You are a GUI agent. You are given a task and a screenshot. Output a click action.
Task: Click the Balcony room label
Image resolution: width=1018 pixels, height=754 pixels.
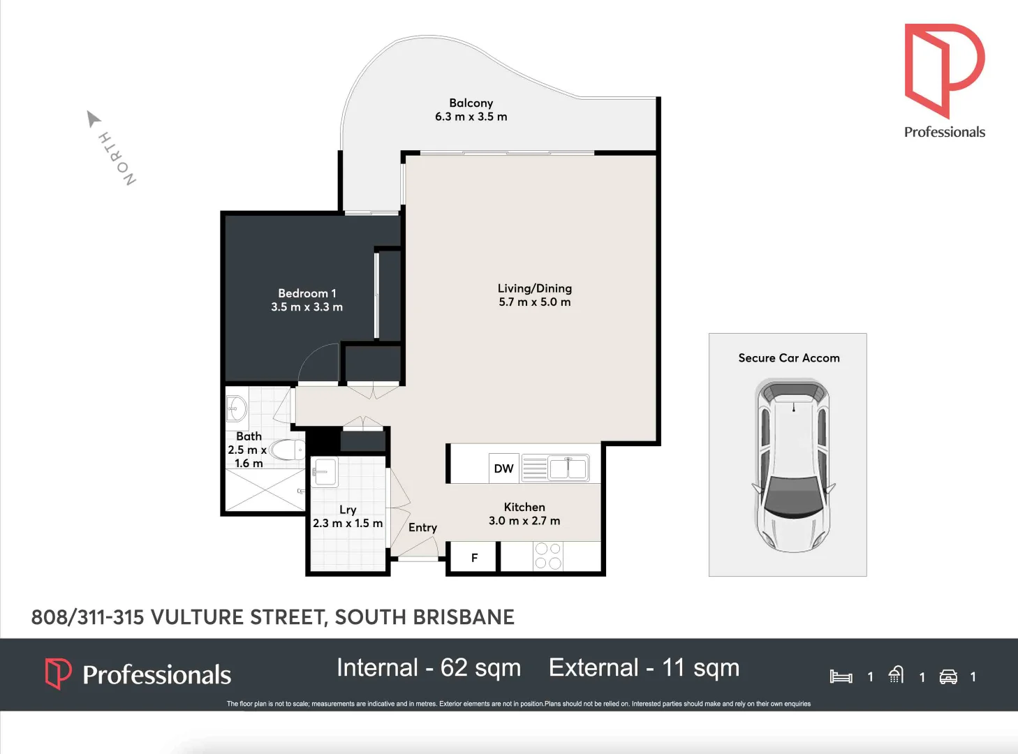pos(471,103)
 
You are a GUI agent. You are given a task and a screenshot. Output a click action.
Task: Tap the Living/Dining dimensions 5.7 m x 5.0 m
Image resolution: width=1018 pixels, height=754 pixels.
pos(534,302)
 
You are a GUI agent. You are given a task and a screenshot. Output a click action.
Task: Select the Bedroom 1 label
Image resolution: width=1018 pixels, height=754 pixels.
pos(307,293)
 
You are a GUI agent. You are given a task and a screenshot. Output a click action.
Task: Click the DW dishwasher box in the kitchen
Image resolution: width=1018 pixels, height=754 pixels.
pos(503,468)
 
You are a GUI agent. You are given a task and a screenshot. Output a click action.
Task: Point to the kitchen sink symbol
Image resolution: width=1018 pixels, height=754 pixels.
pos(568,468)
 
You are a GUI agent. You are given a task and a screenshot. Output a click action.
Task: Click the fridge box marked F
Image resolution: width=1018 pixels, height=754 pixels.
pos(474,558)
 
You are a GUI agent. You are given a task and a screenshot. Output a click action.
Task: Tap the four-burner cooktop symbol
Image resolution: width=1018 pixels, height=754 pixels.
pos(548,556)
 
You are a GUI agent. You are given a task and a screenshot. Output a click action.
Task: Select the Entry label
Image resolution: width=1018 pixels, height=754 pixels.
pos(422,528)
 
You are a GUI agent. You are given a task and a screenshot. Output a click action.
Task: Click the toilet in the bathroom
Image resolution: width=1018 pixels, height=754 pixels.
pos(287,450)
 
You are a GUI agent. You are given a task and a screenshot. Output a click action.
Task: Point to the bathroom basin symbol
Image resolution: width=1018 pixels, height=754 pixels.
pos(237,409)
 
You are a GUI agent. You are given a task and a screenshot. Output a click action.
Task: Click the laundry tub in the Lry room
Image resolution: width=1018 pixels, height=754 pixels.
pos(325,472)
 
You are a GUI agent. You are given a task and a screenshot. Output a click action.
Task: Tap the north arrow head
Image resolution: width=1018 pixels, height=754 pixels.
pos(92,118)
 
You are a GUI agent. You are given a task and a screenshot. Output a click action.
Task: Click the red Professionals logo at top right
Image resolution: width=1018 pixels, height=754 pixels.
pos(944,70)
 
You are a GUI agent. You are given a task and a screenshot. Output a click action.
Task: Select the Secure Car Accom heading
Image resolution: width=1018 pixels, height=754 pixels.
pos(788,358)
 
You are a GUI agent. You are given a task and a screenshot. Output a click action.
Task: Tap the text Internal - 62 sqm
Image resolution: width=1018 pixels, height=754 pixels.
pos(429,668)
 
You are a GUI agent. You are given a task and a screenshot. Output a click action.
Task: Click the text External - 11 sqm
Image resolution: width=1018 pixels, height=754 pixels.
pos(644,668)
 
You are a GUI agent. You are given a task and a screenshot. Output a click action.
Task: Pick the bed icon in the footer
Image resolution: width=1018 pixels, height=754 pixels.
pos(841,677)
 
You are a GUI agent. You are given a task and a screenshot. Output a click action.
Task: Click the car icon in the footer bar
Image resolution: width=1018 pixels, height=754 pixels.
pos(948,677)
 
